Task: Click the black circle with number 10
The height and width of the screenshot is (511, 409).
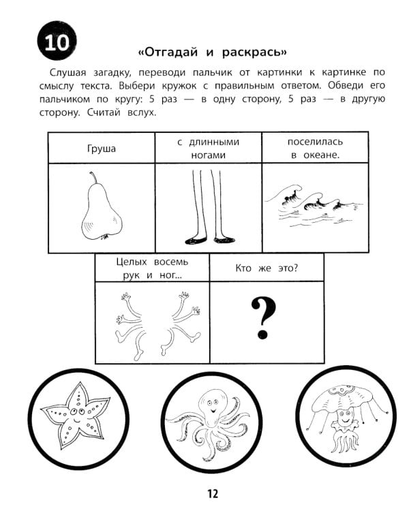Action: (52, 44)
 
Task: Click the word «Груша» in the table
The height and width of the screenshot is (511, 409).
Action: (102, 148)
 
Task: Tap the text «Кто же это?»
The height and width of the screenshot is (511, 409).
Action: (266, 267)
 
